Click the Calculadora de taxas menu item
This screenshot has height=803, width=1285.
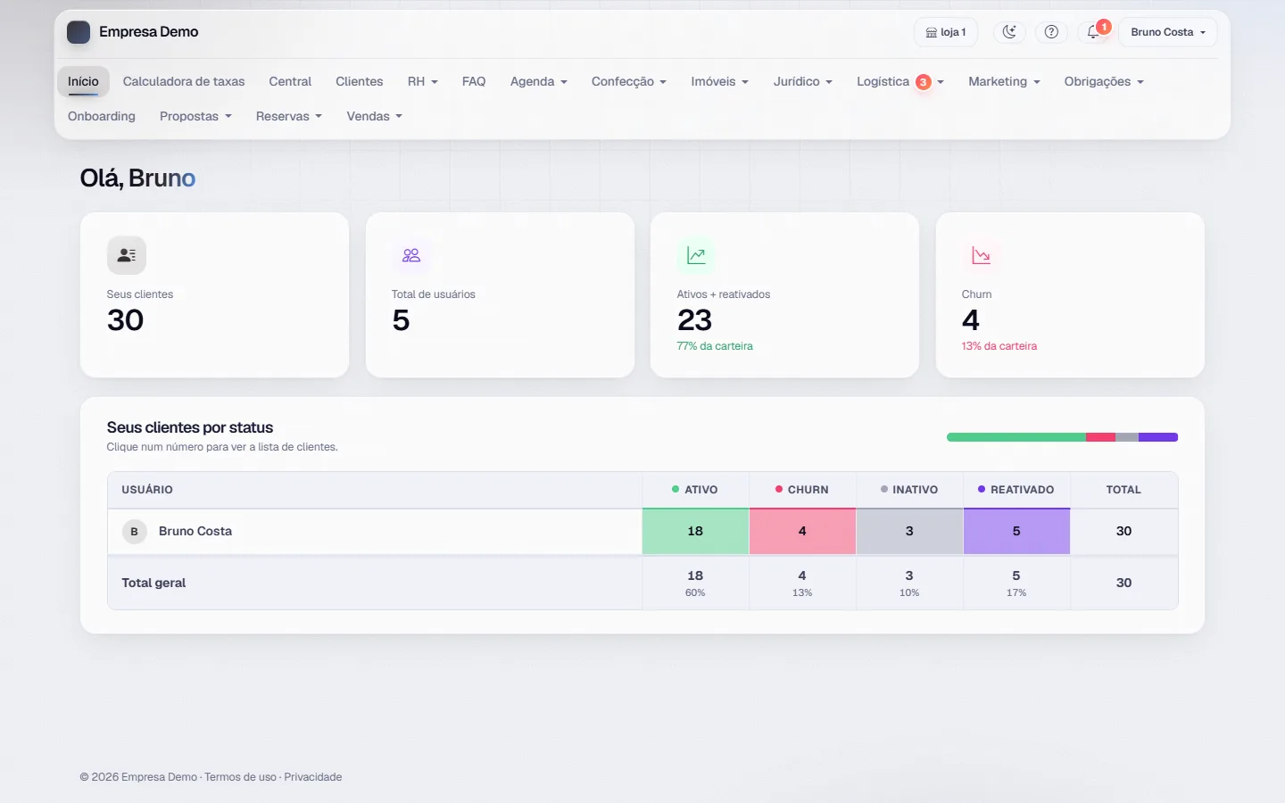pos(184,81)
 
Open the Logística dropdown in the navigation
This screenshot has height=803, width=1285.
pos(899,81)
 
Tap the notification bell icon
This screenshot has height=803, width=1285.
pos(1093,32)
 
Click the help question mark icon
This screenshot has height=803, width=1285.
pos(1051,32)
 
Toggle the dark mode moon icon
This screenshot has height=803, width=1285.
pos(1009,32)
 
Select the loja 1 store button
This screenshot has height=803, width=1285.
pos(945,32)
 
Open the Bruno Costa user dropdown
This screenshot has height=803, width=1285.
pos(1167,32)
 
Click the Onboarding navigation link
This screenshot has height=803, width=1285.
pos(102,116)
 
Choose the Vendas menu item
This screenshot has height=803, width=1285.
pos(374,116)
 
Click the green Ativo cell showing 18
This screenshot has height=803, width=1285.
pos(695,531)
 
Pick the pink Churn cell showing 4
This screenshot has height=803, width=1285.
pos(802,531)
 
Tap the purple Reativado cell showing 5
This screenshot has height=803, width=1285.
pos(1016,531)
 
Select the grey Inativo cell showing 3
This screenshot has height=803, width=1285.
pos(909,531)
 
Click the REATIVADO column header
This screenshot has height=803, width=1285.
pos(1016,489)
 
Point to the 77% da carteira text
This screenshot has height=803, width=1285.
pos(715,346)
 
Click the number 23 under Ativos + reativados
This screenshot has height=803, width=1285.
pos(694,320)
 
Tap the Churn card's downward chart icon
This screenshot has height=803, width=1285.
pos(981,255)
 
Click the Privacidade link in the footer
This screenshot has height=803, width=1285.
pos(312,776)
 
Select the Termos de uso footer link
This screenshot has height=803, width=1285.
pos(240,776)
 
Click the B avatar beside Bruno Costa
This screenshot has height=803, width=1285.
pos(134,531)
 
